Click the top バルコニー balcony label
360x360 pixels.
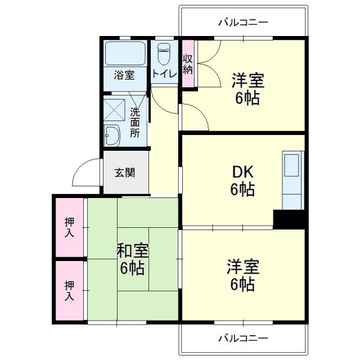243,22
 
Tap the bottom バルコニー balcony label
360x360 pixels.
243,338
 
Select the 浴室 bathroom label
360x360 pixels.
124,74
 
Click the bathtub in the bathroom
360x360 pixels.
125,54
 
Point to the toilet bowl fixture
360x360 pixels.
164,55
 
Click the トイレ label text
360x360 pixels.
164,74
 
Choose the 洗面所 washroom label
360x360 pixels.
136,123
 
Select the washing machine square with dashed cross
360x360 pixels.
115,110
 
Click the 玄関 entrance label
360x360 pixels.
125,173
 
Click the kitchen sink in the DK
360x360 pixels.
292,166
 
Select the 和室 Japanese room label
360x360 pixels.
132,258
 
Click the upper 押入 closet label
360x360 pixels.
69,227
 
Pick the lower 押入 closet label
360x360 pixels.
69,290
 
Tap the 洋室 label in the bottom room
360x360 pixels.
242,274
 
